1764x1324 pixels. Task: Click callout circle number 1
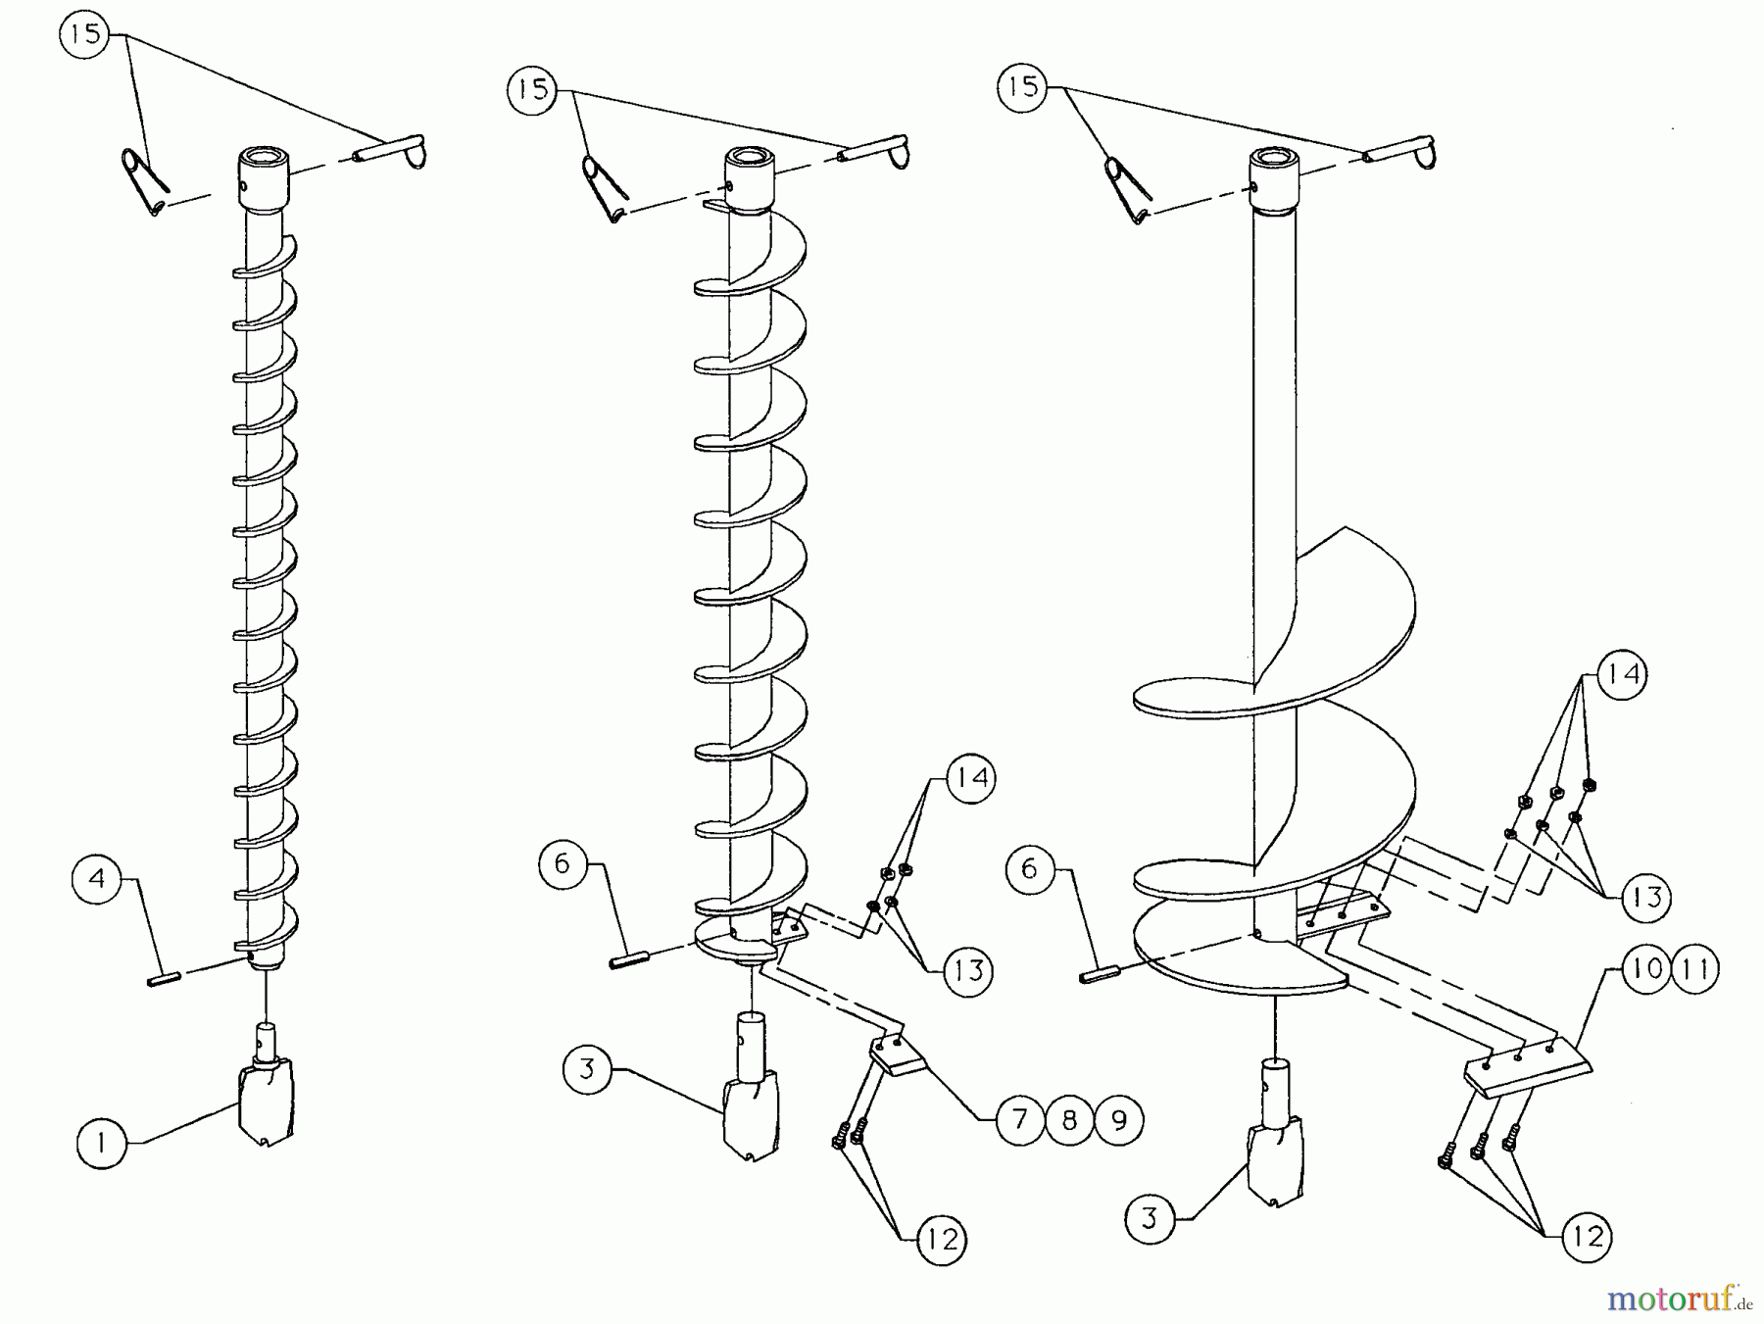(x=102, y=1143)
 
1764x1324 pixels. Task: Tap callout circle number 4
(x=96, y=878)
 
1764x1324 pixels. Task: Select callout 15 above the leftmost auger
(x=85, y=34)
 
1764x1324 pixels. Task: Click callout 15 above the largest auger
(x=1022, y=86)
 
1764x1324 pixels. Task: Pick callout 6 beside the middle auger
(x=563, y=863)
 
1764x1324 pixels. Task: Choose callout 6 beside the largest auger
(x=1029, y=868)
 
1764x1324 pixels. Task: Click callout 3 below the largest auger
(x=1150, y=1218)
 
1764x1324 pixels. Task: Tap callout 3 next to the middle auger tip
(x=587, y=1068)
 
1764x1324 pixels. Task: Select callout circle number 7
(x=1020, y=1119)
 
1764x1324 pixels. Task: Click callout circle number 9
(x=1118, y=1119)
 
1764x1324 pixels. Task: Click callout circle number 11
(x=1695, y=968)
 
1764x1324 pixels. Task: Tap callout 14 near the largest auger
(x=1622, y=674)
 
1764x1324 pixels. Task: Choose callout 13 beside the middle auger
(x=968, y=970)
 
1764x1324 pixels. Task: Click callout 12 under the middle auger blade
(x=942, y=1240)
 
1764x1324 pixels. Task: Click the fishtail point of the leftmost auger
(x=267, y=1103)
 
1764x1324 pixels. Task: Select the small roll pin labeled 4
(x=164, y=977)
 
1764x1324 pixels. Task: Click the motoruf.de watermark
(x=1679, y=1299)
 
